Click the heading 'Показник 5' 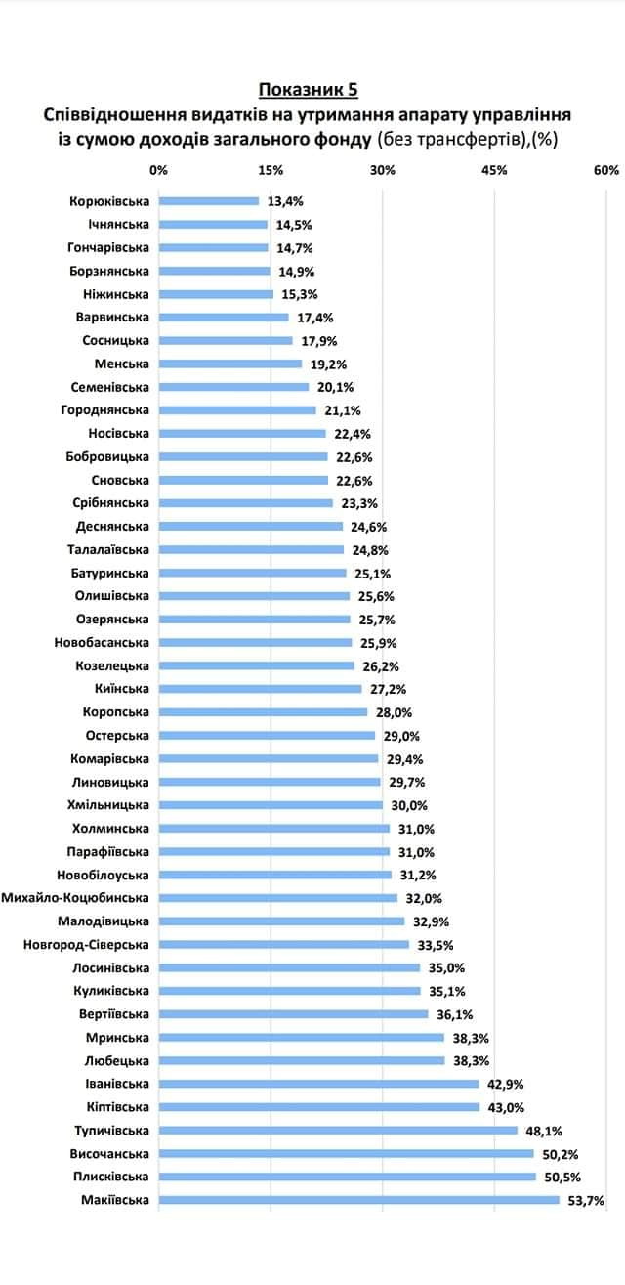coord(308,91)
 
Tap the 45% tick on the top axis coord(494,170)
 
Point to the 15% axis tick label coord(271,170)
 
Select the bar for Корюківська coord(209,201)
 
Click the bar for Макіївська coord(358,1200)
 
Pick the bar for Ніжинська coord(216,294)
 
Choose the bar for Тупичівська coord(338,1131)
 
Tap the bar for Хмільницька coord(271,805)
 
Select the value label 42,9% coord(506,1084)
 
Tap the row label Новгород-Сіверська coord(86,945)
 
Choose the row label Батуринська coord(110,573)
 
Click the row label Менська coord(122,364)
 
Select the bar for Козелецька coord(256,665)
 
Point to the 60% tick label coord(605,170)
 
